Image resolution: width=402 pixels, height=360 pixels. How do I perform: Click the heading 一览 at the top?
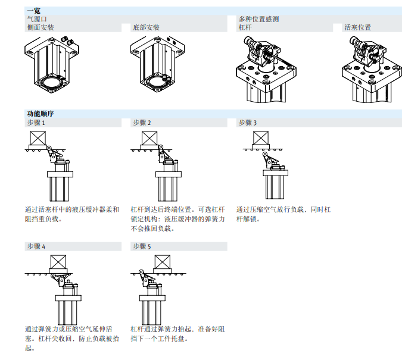34,10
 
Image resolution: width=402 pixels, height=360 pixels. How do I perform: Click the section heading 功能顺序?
40,113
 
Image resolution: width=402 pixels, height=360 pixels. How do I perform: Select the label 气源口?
36,19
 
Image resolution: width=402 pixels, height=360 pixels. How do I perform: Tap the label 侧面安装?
40,28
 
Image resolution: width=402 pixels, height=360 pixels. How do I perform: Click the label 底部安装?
146,28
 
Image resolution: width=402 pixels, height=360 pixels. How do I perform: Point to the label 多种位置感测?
258,19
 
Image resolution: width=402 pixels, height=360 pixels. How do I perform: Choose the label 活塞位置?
357,28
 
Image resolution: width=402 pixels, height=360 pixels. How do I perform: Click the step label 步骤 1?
36,123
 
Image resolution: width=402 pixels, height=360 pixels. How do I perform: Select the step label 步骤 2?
142,123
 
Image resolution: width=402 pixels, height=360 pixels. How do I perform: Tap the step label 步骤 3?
247,123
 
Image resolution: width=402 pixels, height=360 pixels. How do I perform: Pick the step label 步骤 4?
36,246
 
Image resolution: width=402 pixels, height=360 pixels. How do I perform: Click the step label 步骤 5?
142,246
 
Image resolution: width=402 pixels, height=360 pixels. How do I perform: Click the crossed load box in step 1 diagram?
39,139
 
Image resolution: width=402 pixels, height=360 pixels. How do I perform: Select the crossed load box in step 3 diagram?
261,139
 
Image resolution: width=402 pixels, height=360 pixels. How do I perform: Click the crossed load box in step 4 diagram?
59,262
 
